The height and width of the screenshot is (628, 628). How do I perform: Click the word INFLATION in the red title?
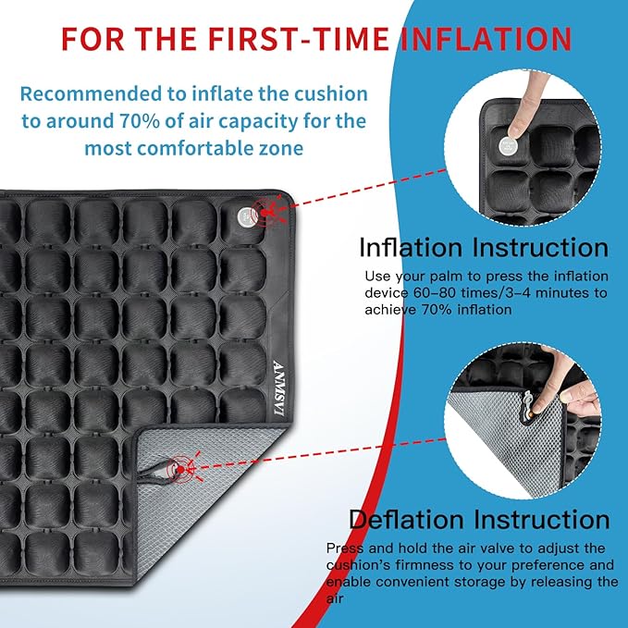tap(485, 39)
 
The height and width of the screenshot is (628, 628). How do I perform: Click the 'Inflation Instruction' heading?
tap(483, 248)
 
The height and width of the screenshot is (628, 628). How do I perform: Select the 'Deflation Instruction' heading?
tap(478, 519)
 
